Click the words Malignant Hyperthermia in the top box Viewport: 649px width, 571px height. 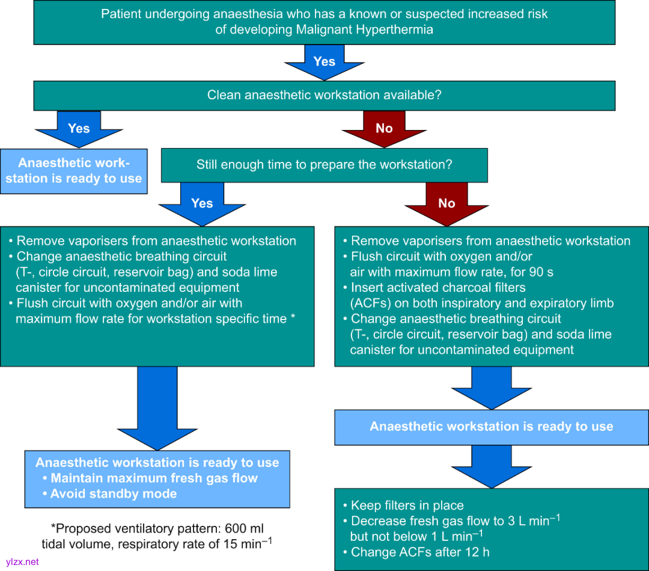point(372,29)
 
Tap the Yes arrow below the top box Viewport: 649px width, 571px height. point(324,63)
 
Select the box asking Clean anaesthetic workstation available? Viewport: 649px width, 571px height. point(324,95)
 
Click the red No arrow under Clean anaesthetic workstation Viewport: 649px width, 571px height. point(384,129)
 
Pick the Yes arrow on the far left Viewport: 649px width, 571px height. point(79,129)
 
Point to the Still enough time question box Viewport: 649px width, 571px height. point(324,165)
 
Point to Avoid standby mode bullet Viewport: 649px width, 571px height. point(114,494)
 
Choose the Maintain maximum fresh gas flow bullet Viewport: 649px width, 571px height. point(154,478)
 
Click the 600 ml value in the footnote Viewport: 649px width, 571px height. point(244,529)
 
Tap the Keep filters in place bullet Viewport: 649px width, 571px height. point(407,505)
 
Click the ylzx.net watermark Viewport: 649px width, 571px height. point(22,561)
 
